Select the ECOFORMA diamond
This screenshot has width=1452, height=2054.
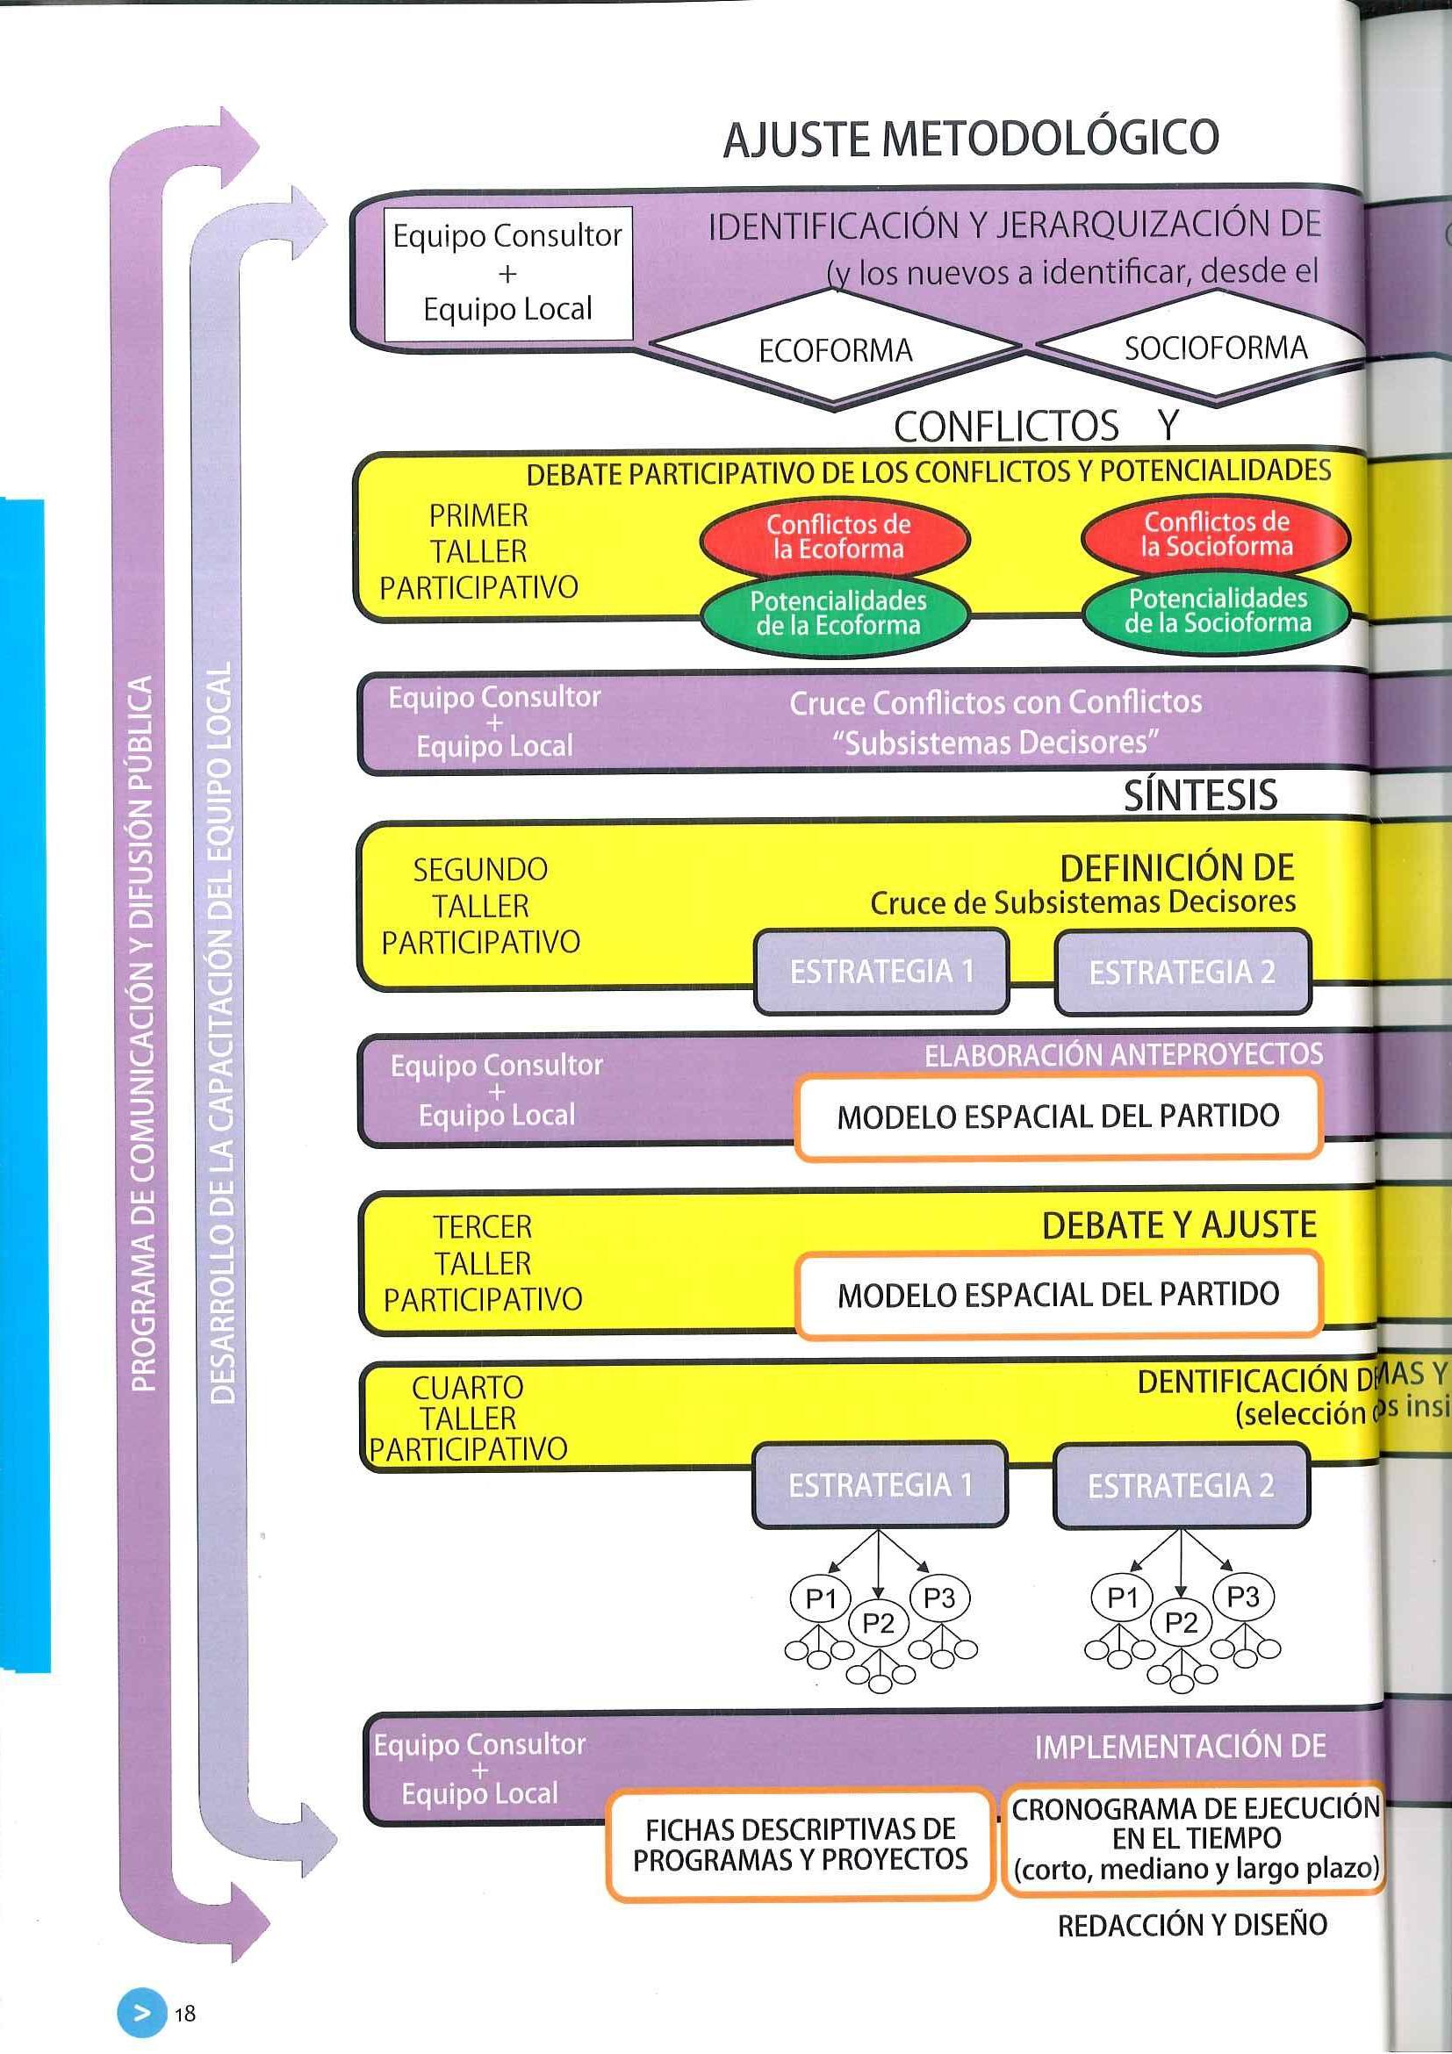tap(835, 349)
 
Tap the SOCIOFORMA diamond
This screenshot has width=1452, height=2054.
tap(1215, 347)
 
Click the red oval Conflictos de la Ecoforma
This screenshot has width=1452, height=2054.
tap(837, 535)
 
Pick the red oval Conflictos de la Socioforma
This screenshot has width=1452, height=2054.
tap(1216, 534)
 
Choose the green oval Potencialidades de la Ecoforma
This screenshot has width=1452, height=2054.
tap(837, 613)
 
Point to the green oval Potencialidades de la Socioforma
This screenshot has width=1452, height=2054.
tap(1217, 610)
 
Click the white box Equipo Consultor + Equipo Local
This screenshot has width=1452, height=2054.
tap(507, 273)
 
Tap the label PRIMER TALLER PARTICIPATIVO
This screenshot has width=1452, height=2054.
tap(478, 551)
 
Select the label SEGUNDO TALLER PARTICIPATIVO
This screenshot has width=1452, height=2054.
tap(480, 905)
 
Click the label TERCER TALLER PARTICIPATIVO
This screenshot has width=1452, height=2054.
tap(482, 1262)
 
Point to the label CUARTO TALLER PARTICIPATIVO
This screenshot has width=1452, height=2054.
tap(468, 1418)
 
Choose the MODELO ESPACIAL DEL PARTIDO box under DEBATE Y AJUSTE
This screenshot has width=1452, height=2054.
tap(1058, 1294)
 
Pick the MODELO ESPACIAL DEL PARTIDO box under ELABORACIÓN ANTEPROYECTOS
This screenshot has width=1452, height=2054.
tap(1058, 1117)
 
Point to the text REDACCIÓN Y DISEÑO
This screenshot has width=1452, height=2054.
tap(1191, 1924)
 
